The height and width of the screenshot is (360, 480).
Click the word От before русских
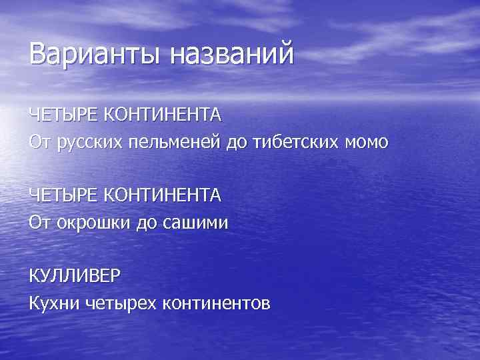(39, 142)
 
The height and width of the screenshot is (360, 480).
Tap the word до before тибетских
(236, 142)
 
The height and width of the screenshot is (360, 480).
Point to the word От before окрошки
(39, 223)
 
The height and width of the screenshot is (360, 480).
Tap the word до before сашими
(144, 223)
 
